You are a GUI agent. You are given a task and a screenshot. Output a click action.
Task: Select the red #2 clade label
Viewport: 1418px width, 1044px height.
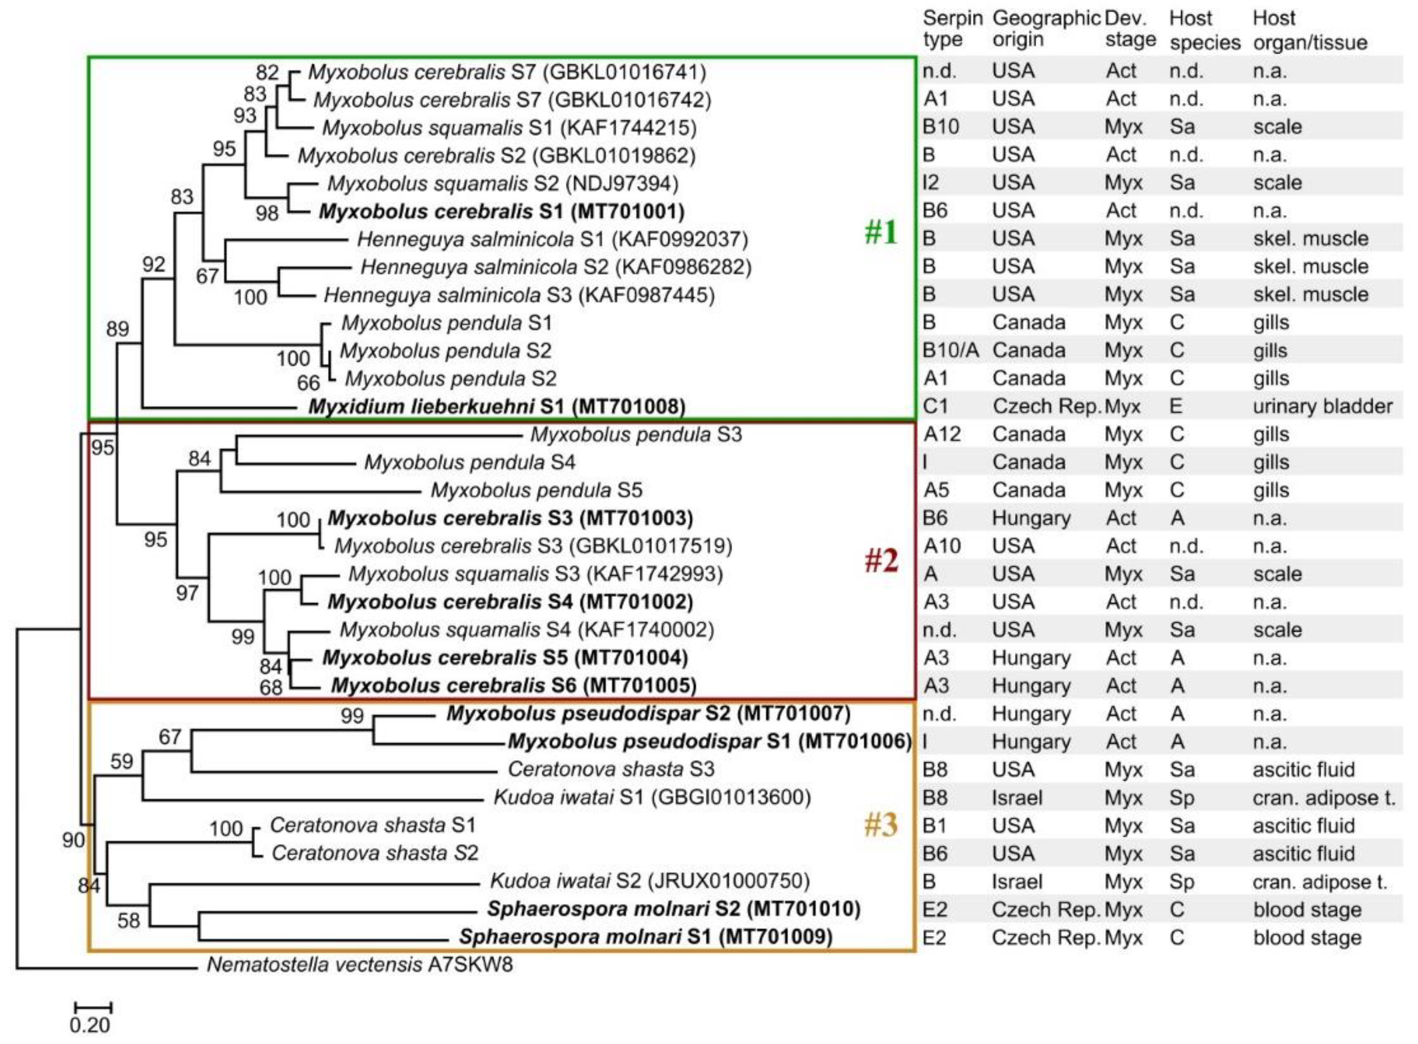point(881,560)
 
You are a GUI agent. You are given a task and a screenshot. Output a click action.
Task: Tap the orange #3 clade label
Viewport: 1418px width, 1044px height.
point(881,825)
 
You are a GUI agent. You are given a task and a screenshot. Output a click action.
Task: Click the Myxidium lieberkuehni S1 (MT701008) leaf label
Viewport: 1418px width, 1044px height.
point(497,406)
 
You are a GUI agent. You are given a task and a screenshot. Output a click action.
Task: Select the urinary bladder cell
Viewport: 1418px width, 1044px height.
point(1323,406)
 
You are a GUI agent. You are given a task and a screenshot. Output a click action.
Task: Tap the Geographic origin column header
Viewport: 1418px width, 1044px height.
point(1046,29)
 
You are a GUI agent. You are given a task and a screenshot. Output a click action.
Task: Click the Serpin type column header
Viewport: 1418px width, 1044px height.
point(952,29)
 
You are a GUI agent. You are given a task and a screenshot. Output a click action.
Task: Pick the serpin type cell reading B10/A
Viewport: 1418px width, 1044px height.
point(950,351)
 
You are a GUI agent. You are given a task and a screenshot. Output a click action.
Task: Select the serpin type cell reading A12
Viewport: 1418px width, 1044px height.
point(942,435)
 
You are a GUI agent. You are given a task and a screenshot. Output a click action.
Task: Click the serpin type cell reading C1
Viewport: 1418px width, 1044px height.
point(936,406)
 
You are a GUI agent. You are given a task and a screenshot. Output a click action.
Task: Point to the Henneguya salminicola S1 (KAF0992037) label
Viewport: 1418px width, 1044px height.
point(552,240)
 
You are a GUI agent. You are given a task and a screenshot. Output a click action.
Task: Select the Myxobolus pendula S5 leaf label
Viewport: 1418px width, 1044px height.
point(536,490)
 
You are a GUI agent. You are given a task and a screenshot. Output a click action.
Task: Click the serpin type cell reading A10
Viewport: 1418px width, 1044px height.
point(942,546)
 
